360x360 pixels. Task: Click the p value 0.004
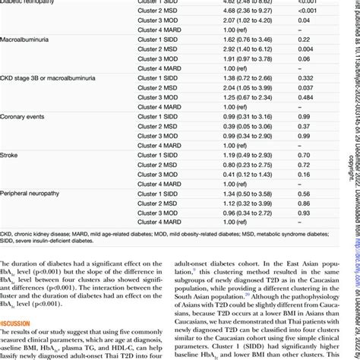point(302,68)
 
